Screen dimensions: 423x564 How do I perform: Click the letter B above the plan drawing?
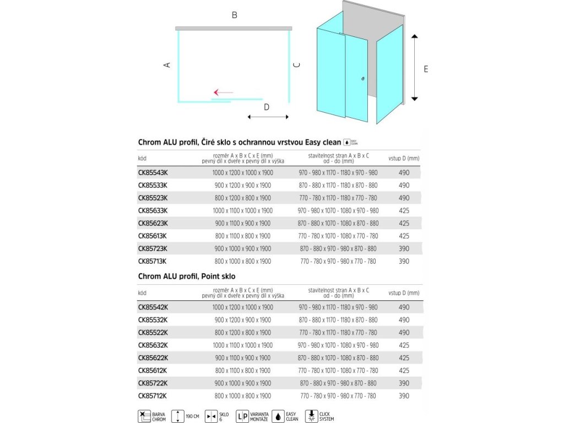(234, 15)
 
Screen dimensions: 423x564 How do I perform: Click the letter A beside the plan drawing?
(167, 64)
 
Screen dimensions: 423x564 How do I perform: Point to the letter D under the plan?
(267, 107)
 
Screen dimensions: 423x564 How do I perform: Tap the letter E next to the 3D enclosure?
(426, 69)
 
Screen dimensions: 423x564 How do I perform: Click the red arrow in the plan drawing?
(223, 92)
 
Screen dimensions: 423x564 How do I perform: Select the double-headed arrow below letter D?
(268, 117)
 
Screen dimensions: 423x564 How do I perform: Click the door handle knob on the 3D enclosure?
(362, 79)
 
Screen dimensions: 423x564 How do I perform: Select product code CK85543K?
(153, 172)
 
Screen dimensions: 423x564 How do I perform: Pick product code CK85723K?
(153, 248)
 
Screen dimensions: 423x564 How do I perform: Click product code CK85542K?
(153, 307)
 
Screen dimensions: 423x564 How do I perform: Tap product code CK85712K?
(153, 396)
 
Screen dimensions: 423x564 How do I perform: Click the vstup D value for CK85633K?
(404, 210)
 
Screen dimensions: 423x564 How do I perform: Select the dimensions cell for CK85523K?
(242, 198)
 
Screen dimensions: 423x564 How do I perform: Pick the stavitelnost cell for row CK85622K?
(338, 358)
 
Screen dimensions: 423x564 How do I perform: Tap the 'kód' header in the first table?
(142, 159)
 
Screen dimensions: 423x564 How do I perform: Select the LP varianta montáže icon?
(242, 416)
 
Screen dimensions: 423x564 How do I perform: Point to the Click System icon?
(312, 416)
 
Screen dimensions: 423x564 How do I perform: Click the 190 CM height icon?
(178, 416)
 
